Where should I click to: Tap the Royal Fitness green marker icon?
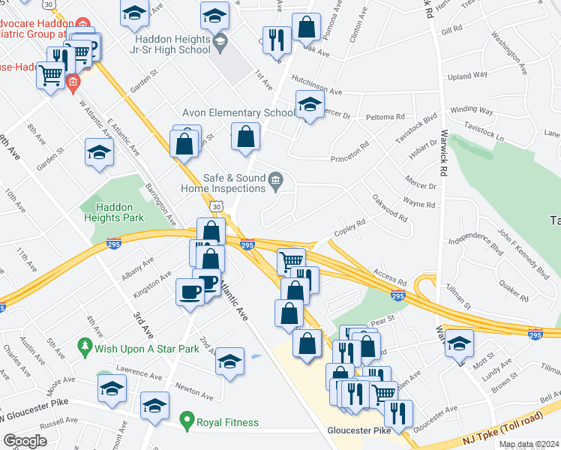click(x=186, y=422)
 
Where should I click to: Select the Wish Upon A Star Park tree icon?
click(x=85, y=348)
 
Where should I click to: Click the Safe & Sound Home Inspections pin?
click(x=275, y=178)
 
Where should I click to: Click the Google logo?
click(x=25, y=440)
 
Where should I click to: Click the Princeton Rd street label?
click(x=350, y=152)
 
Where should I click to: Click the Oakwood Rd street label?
click(x=390, y=208)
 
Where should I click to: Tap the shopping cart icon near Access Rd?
click(x=292, y=262)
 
